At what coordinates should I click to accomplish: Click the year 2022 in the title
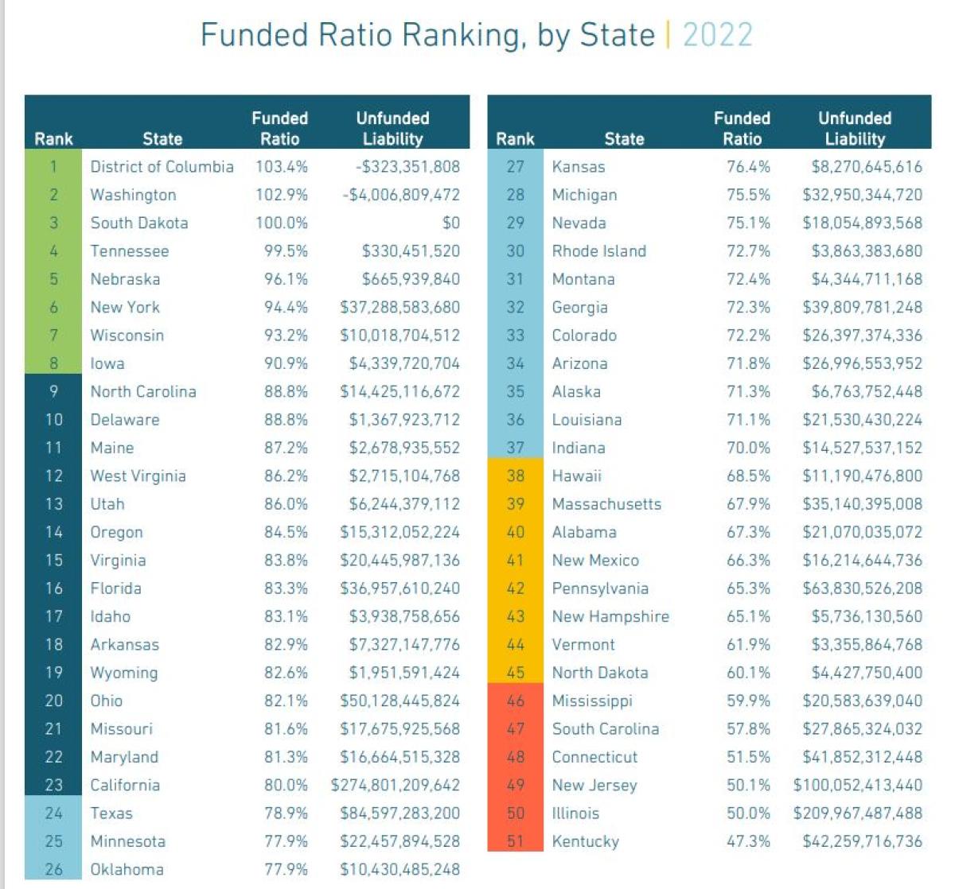717,35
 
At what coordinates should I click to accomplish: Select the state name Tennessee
130,251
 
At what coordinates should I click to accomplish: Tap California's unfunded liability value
396,785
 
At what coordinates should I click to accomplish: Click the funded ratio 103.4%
282,167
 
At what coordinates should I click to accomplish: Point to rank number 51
516,841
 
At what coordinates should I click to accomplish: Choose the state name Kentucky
586,841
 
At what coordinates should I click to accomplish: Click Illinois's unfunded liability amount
858,813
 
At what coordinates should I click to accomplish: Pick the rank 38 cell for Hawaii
516,476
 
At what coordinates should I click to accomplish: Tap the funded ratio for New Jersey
748,785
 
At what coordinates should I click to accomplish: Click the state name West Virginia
138,476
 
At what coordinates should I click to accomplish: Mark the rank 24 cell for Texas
53,813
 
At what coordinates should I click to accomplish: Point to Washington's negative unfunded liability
401,195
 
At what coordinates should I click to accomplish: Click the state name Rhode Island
599,251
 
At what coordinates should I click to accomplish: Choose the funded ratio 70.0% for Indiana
748,448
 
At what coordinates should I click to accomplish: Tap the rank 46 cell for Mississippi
516,701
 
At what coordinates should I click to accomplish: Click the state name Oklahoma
127,869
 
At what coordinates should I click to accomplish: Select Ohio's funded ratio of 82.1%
286,701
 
